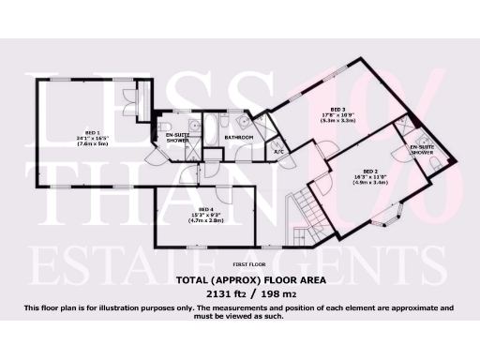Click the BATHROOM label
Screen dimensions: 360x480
[x=238, y=137]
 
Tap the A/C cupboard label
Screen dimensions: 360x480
[x=278, y=151]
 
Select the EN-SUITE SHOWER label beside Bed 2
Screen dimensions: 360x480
[x=422, y=150]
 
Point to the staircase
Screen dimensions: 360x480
[x=302, y=208]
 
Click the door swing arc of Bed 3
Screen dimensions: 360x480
[x=324, y=148]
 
